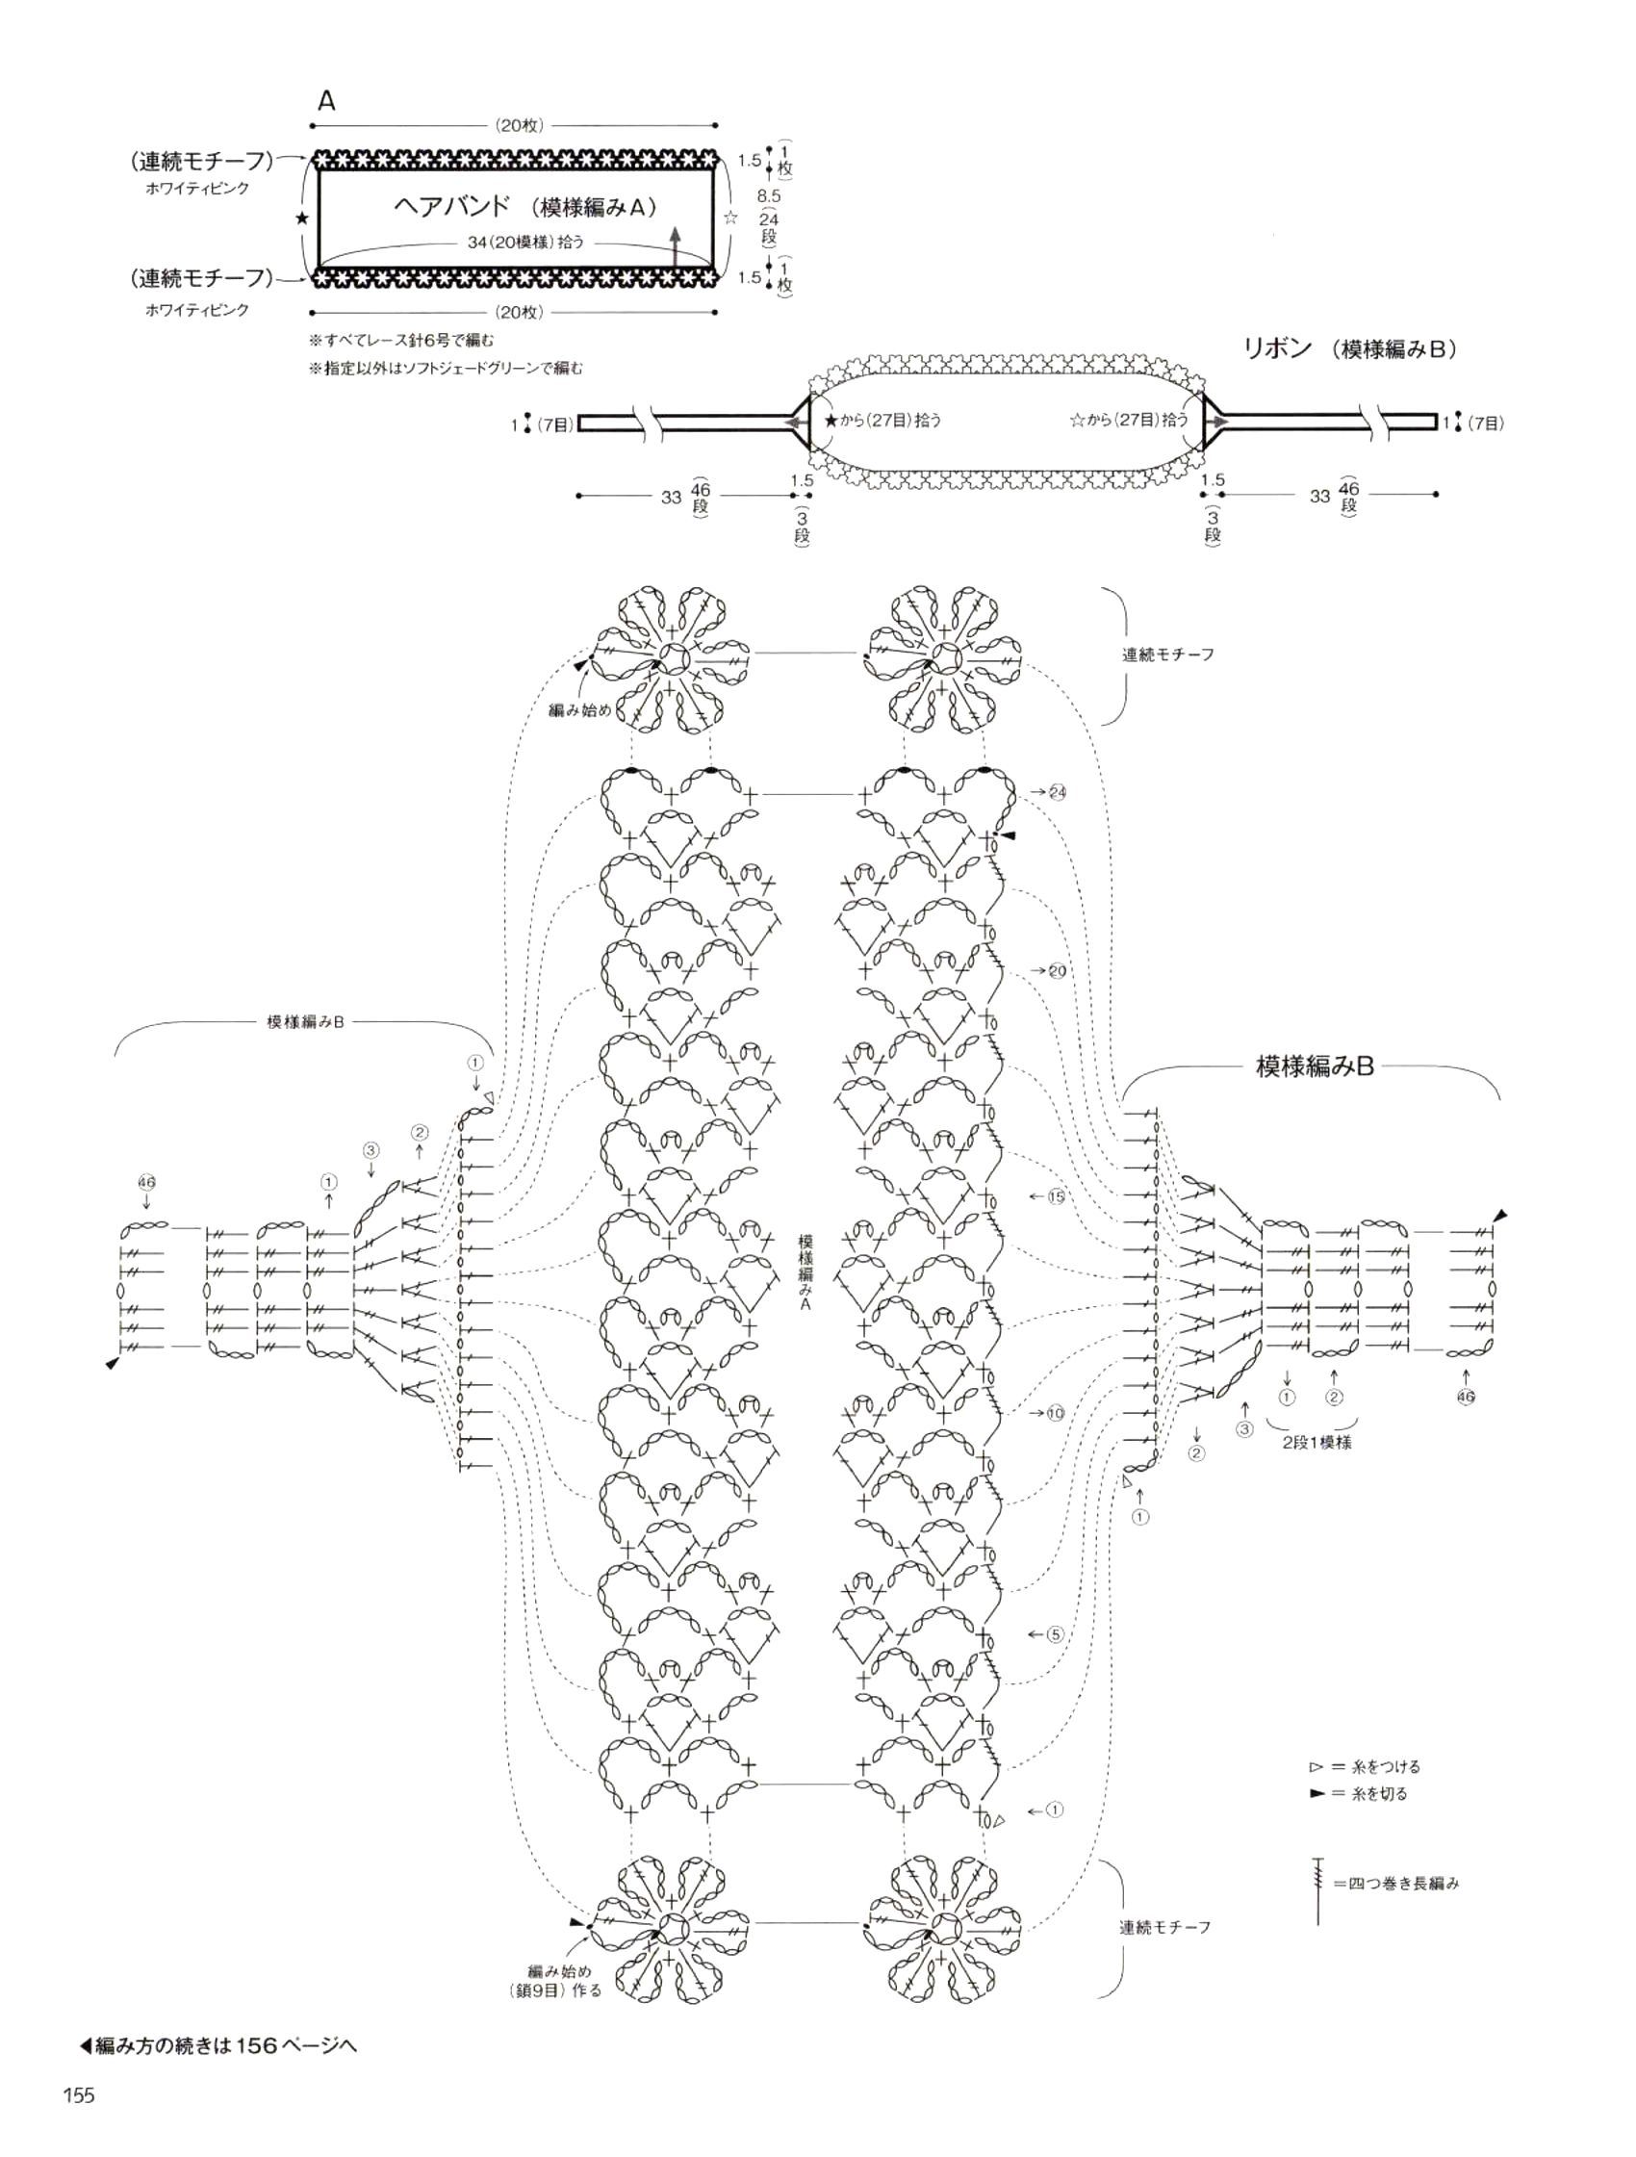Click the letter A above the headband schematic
click(x=326, y=100)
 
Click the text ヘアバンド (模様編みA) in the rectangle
click(x=524, y=206)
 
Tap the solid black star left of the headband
click(x=302, y=218)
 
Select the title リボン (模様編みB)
click(x=1349, y=349)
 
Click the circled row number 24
click(x=1058, y=792)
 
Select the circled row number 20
click(x=1058, y=970)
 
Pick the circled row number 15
click(x=1057, y=1196)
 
